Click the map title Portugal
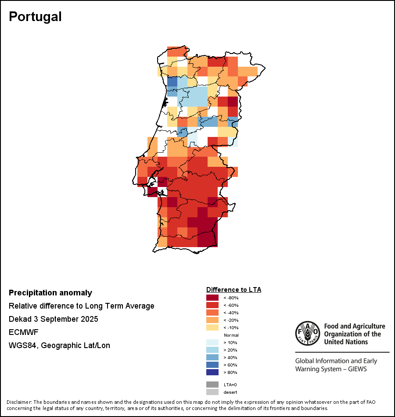(x=35, y=17)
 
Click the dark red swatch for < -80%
(x=212, y=298)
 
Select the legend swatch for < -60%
(x=212, y=305)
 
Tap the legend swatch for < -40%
(x=212, y=313)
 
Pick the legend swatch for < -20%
(x=212, y=320)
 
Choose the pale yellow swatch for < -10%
(x=212, y=327)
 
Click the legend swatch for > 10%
(x=212, y=342)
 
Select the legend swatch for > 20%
(x=212, y=350)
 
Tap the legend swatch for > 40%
(x=212, y=357)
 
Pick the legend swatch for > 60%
(x=212, y=365)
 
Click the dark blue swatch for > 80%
(x=212, y=372)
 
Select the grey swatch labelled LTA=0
(x=212, y=385)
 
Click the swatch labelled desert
(x=212, y=392)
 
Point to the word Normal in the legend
(x=231, y=335)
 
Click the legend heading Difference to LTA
(x=233, y=290)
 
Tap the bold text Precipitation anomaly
(x=50, y=293)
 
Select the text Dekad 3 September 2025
(x=54, y=319)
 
